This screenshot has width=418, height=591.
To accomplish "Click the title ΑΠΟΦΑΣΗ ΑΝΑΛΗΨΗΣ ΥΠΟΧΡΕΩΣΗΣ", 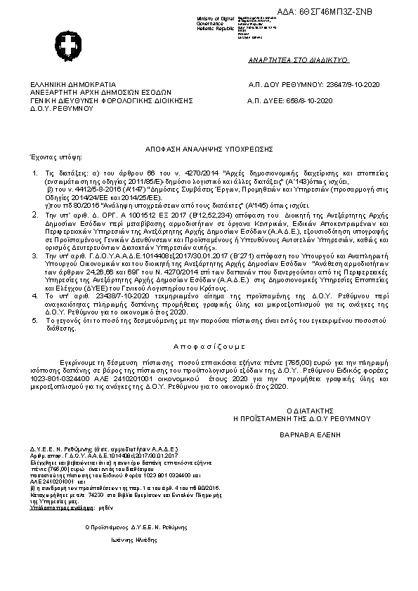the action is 209,149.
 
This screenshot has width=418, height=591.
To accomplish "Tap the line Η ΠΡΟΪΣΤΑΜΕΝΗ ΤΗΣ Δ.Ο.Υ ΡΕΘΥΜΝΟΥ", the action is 302,418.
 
